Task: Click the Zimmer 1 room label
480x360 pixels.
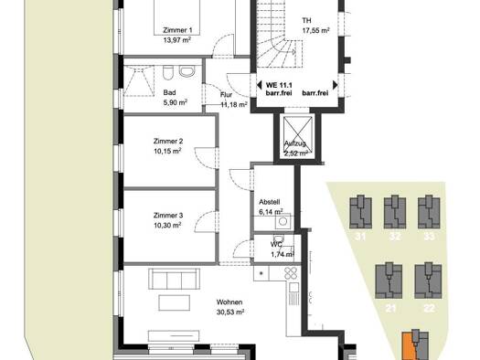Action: tap(177, 30)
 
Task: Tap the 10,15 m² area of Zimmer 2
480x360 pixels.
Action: tap(167, 151)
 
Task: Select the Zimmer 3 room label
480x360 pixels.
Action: tap(168, 216)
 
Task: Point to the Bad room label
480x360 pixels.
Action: tap(169, 92)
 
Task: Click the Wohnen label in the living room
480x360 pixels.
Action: tap(229, 302)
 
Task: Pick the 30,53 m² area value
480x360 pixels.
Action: tap(230, 312)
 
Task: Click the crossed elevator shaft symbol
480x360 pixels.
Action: tap(297, 137)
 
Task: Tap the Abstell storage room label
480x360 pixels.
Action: tap(270, 202)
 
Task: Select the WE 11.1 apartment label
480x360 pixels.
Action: tap(279, 85)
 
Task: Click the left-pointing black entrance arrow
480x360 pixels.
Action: tap(259, 85)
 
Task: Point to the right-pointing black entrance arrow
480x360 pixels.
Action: tap(336, 85)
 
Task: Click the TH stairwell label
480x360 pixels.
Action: tap(306, 20)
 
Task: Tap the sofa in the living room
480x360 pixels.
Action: tap(175, 279)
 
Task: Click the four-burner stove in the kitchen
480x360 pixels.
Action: tap(291, 273)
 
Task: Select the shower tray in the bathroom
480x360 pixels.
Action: tap(138, 80)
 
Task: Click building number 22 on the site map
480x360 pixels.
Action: tap(428, 308)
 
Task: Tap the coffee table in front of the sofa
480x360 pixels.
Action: tap(175, 302)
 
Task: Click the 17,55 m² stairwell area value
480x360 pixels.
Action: tap(316, 30)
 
